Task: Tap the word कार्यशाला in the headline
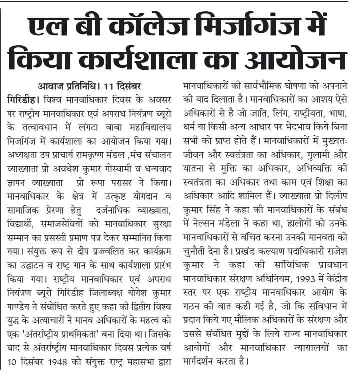[150, 58]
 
